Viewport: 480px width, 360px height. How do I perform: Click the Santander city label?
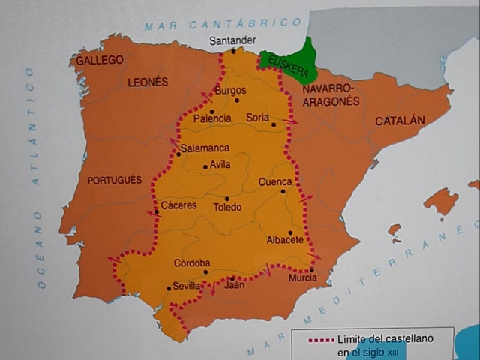232,40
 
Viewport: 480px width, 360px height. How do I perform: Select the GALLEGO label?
100,60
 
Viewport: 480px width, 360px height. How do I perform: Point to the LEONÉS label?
148,82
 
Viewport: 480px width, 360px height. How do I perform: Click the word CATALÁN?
400,120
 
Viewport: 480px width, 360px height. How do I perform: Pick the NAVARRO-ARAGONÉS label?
331,95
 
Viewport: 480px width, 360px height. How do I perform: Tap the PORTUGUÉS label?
114,180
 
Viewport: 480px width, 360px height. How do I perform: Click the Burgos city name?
230,91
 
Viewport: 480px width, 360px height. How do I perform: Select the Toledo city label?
227,207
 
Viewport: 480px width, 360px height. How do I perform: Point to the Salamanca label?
205,148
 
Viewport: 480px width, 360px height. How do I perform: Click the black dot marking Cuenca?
283,191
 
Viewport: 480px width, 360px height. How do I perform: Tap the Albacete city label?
285,240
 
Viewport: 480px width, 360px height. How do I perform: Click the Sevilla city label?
187,286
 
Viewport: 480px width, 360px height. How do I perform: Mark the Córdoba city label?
192,262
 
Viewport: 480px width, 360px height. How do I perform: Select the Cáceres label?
178,205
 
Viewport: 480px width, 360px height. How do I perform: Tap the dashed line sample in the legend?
321,340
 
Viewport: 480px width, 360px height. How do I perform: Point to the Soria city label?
258,118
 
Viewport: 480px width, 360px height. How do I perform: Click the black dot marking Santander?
233,51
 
